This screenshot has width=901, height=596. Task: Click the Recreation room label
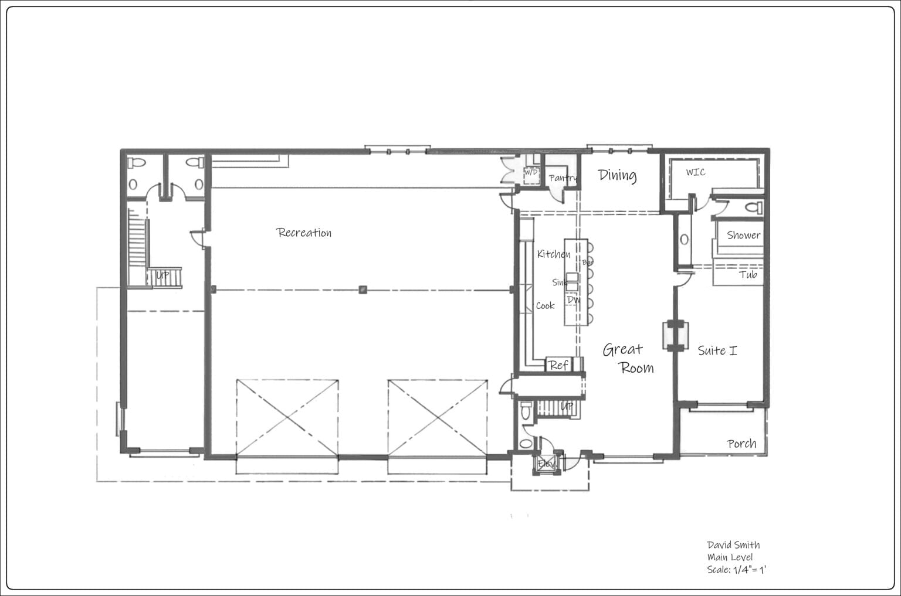(x=304, y=233)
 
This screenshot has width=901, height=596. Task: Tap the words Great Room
(x=628, y=358)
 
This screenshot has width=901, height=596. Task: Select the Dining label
(x=617, y=175)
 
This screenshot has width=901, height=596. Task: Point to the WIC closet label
(x=695, y=172)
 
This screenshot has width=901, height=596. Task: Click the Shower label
(x=743, y=235)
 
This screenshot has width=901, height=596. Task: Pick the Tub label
(x=747, y=274)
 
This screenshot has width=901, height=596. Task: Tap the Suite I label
(x=717, y=350)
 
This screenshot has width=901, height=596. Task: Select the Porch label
(x=741, y=444)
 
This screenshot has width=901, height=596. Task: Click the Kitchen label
(x=553, y=254)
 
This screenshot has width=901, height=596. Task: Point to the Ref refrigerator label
(x=558, y=365)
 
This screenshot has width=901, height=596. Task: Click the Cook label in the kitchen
(x=545, y=305)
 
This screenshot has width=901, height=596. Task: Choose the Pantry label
(x=563, y=178)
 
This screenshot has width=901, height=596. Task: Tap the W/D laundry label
(x=530, y=172)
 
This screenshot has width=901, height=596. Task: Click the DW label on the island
(x=573, y=300)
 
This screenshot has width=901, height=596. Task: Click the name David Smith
(x=733, y=545)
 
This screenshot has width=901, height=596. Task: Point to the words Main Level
(x=729, y=557)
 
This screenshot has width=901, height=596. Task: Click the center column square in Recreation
(x=363, y=290)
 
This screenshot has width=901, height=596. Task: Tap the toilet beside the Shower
(x=754, y=207)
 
